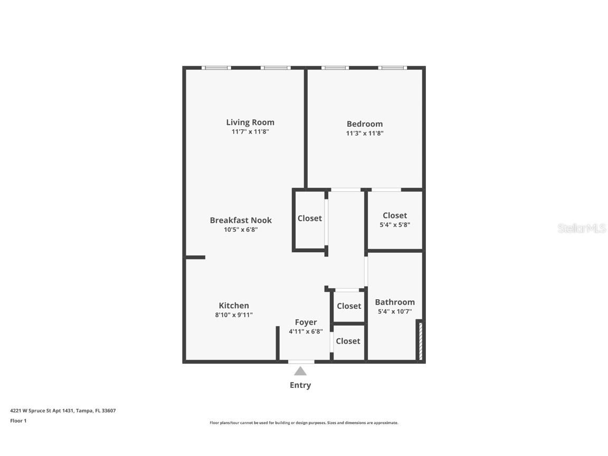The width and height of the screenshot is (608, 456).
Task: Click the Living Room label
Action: [250, 122]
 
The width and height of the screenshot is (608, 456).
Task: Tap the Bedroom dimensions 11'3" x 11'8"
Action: [364, 134]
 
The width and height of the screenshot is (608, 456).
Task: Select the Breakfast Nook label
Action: [241, 220]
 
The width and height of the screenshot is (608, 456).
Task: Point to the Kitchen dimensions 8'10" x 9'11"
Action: [234, 315]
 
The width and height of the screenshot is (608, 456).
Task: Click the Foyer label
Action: [306, 322]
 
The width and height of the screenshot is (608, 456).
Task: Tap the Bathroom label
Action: [394, 302]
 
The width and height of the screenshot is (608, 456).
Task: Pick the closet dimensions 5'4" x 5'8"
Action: [395, 224]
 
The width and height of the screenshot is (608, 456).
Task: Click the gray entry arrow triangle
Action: [300, 371]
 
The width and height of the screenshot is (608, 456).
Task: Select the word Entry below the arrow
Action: [300, 385]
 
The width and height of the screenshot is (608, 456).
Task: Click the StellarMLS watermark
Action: [582, 228]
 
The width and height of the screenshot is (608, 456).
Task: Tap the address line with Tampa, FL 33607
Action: [63, 411]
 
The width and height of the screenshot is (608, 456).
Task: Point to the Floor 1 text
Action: [18, 421]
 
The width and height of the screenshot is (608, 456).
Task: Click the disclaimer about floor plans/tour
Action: [304, 423]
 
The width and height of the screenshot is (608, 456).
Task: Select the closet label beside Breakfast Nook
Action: [309, 218]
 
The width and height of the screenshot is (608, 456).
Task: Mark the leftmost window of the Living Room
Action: [216, 68]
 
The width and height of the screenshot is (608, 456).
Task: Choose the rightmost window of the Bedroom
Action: [393, 68]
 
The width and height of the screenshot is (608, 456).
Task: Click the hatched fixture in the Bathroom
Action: [420, 341]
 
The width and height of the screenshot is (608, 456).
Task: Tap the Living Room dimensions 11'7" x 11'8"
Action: [250, 132]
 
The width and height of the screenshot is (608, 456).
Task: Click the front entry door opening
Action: [301, 362]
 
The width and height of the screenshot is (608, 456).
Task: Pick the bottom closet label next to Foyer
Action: [348, 341]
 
